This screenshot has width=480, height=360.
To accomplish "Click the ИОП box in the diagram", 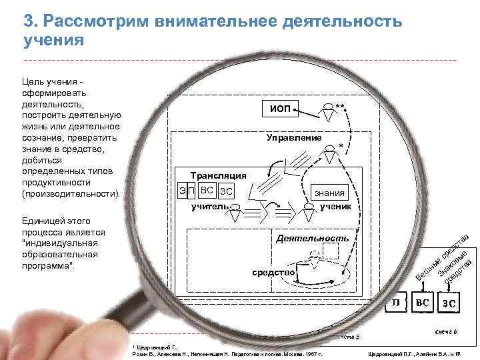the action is (279, 109).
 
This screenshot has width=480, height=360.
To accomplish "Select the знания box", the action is (331, 193).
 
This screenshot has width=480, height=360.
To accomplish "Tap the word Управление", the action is (294, 137).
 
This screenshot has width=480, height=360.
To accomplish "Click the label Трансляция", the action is (219, 175).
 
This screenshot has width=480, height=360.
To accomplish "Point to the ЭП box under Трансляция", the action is (186, 191).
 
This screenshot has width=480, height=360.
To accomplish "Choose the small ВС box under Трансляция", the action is (207, 191).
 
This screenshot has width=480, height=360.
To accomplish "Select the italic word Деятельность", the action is (312, 238).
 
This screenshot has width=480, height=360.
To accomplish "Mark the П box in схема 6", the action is (396, 303).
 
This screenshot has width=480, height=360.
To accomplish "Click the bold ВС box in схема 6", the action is (423, 303).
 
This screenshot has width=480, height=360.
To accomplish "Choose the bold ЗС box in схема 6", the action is (448, 304).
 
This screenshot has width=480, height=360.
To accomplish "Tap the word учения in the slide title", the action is (54, 40).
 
